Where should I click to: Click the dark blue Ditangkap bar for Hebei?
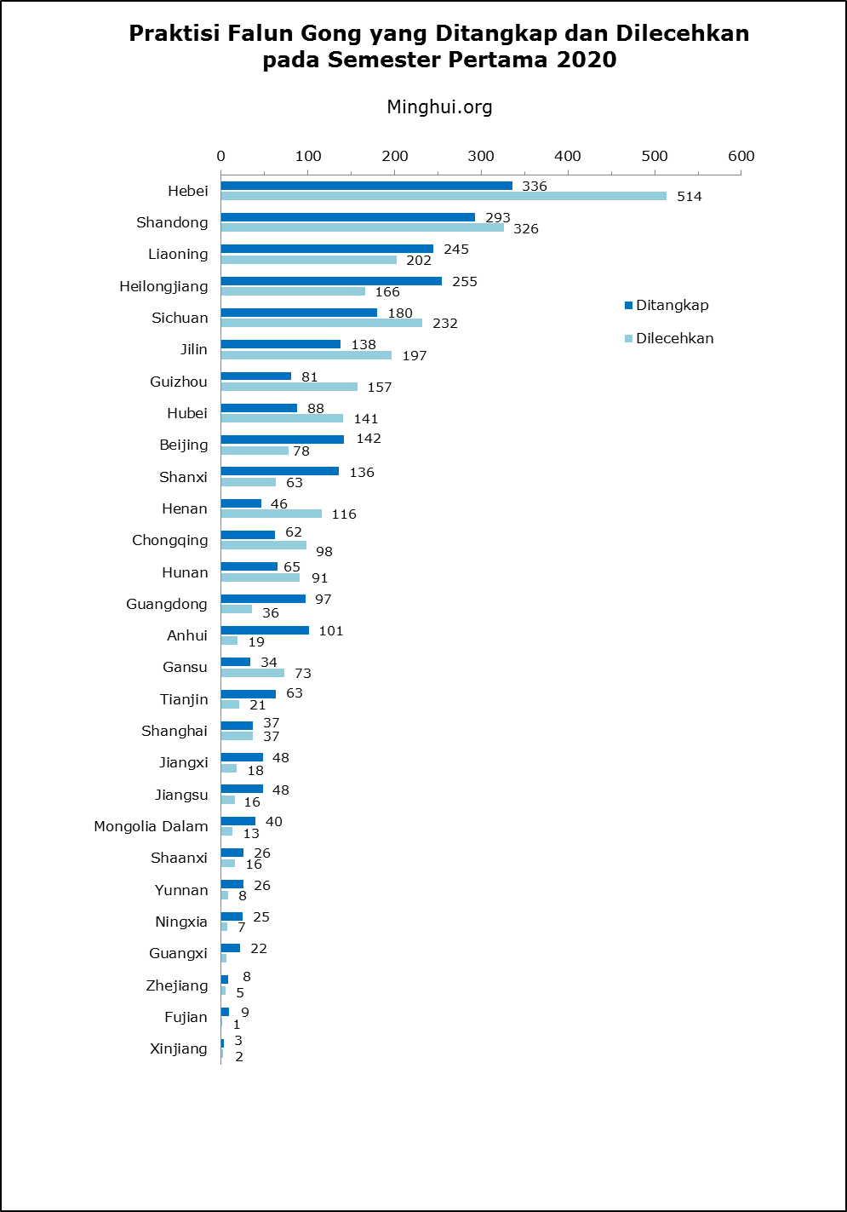coord(366,186)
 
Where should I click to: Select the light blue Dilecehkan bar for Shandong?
coord(362,227)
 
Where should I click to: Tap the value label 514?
coord(689,197)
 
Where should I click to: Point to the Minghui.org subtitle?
coord(439,107)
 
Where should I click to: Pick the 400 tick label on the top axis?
coord(567,156)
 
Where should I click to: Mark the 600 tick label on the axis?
coord(741,156)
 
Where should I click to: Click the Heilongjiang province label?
coord(163,286)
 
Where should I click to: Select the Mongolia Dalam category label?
coord(151,826)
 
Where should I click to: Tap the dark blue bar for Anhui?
coord(265,630)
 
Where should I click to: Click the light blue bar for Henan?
coord(271,514)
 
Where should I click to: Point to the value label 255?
coord(465,282)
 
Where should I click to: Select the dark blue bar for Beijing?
coord(282,439)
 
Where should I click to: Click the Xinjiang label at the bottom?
coord(178,1048)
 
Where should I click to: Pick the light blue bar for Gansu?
coord(252,673)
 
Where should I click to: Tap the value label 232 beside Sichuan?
coord(444,324)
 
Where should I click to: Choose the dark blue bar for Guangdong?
coord(263,599)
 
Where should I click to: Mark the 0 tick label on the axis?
coord(221,156)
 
